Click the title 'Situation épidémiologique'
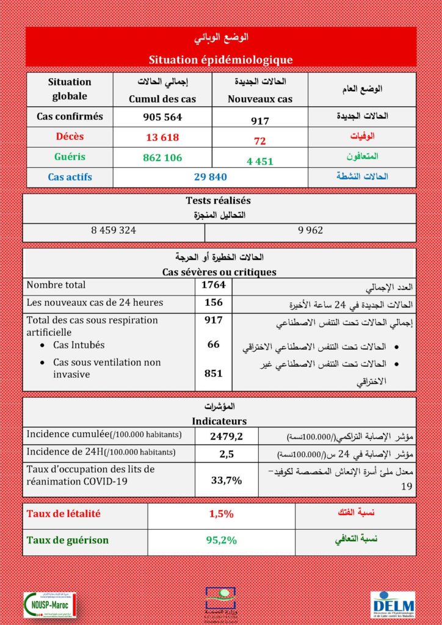(220, 59)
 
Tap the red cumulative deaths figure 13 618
(162, 137)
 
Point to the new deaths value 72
(260, 141)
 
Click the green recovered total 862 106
(162, 157)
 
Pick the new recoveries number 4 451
(260, 162)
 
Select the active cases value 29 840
(210, 177)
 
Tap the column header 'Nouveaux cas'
(260, 98)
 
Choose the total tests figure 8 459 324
(114, 231)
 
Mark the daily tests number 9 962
(311, 231)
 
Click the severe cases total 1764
(214, 284)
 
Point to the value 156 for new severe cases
(214, 302)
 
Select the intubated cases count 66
(214, 345)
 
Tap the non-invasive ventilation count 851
(214, 374)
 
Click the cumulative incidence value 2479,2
(226, 436)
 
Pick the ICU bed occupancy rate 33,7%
(226, 480)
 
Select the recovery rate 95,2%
(222, 540)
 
